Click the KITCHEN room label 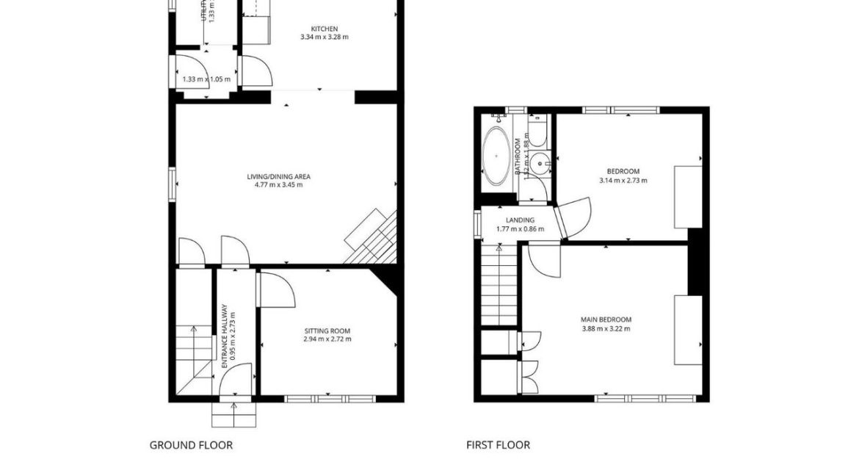(324, 29)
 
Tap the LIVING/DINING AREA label (278, 176)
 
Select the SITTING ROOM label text (327, 331)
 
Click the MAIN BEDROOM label (606, 320)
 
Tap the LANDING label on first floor (520, 220)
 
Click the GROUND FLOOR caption (191, 445)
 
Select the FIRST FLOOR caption (498, 445)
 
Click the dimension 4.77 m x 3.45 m (278, 185)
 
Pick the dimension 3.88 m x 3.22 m (606, 328)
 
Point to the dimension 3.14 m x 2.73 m (623, 180)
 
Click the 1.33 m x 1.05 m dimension (206, 79)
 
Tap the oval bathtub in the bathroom (498, 156)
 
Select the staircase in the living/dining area (373, 239)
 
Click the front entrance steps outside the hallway (233, 415)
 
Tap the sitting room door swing (277, 288)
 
